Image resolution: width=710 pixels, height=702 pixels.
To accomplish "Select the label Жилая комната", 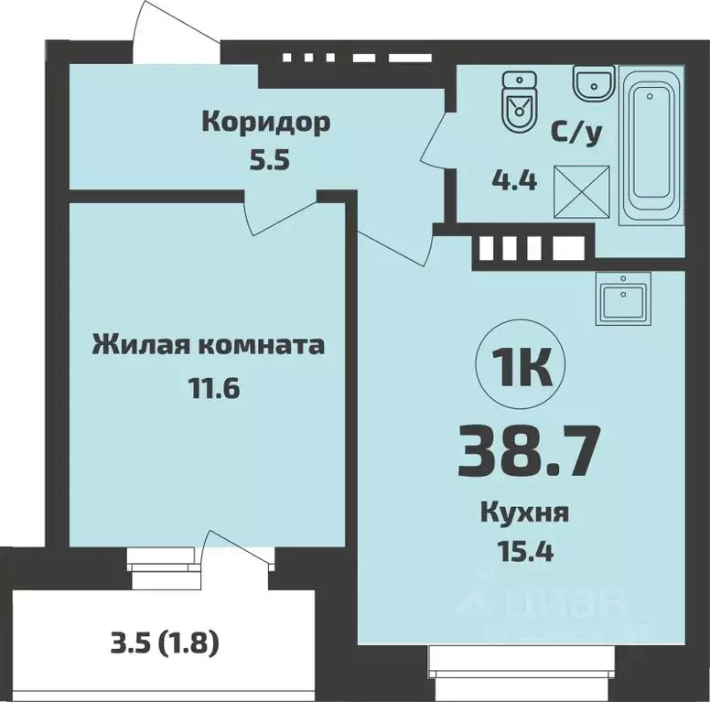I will pos(208,346).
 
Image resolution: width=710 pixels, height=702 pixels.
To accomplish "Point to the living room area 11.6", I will pos(208,388).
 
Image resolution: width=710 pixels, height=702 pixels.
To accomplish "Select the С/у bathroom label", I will pos(576,135).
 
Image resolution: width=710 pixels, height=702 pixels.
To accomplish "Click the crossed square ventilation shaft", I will pos(582,189).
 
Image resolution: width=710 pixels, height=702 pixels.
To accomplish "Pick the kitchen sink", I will pos(623,298).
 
